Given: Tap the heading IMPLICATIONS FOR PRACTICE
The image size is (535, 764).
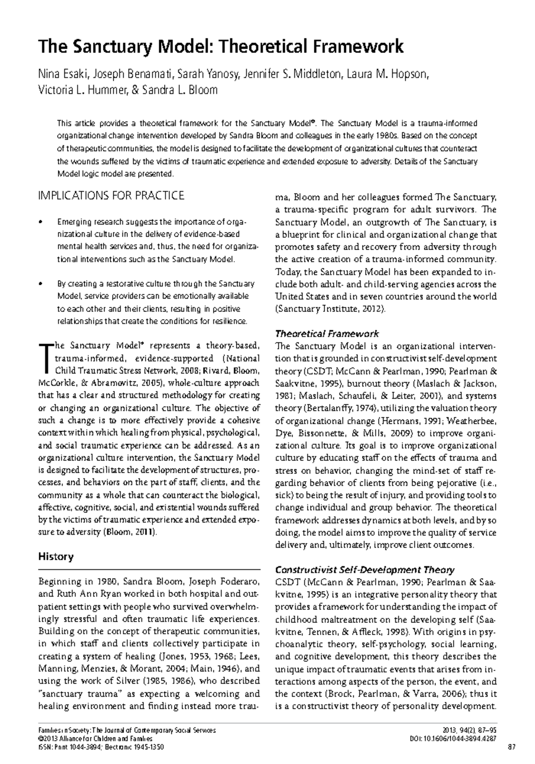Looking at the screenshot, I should point(111,196).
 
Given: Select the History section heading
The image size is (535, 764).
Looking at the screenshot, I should point(56,556).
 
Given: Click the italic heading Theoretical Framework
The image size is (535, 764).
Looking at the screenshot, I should point(327,333).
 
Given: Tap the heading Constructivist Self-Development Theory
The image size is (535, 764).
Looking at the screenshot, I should point(365,570).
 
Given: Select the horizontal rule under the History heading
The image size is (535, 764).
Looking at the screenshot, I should point(149,569).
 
